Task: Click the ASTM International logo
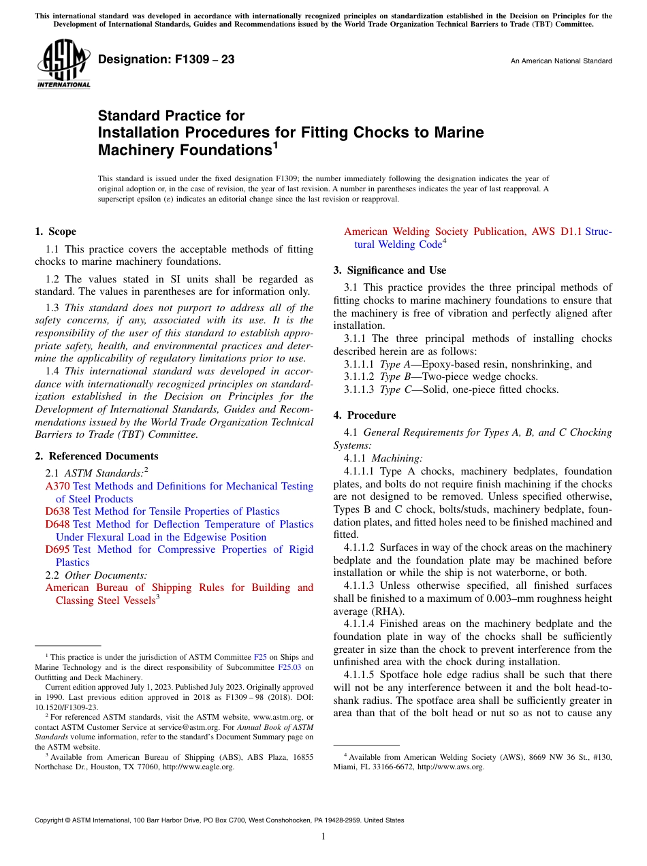(63, 65)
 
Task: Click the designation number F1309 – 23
(166, 60)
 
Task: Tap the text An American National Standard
(561, 61)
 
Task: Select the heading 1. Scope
(55, 231)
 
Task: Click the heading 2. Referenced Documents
(96, 456)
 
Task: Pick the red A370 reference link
(57, 486)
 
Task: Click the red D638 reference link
(57, 511)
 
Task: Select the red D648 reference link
(57, 524)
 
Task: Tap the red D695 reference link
(57, 549)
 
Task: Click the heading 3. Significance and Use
(390, 270)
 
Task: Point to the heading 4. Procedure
(364, 415)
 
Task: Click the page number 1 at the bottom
(323, 837)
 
